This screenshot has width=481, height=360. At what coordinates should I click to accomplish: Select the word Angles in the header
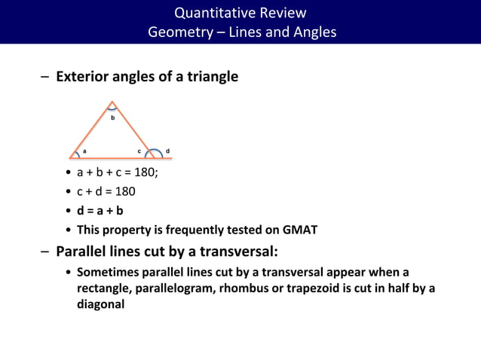[312, 32]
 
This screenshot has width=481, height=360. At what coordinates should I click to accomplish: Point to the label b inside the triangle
[113, 118]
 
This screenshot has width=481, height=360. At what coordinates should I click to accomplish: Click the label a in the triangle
[84, 151]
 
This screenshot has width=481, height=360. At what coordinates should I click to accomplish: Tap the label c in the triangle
[139, 151]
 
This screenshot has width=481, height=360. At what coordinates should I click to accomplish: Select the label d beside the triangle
[167, 151]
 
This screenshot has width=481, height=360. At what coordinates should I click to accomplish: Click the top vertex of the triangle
[112, 102]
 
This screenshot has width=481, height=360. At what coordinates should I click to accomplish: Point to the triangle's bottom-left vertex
[69, 158]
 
